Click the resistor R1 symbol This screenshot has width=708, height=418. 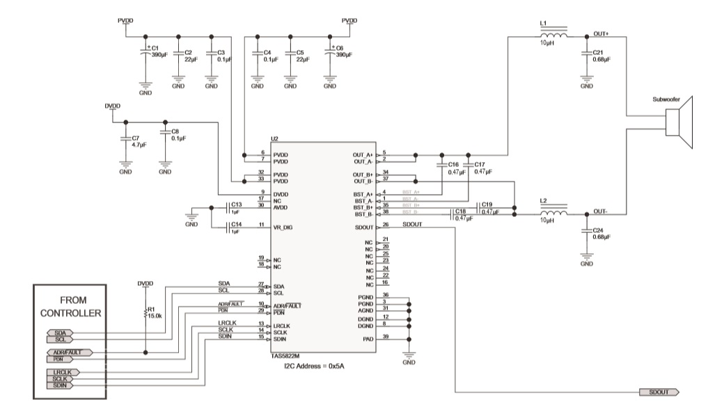click(x=146, y=314)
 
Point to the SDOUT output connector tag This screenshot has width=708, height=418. click(x=658, y=392)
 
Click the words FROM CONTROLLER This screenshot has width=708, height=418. click(x=71, y=306)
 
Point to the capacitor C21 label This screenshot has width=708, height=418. click(x=599, y=53)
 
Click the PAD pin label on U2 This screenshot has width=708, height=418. click(x=369, y=339)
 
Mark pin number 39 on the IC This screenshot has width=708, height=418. click(x=385, y=337)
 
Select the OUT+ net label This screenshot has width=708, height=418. click(x=601, y=34)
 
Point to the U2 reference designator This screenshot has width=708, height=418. click(x=275, y=140)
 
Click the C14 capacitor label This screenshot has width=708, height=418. click(x=236, y=225)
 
